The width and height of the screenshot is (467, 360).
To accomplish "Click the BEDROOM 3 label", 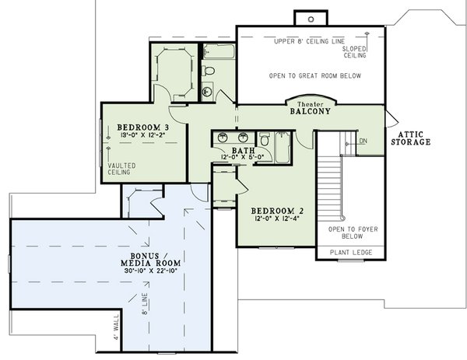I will pos(143,126).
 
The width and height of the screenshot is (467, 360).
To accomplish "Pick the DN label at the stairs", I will pos(363,141).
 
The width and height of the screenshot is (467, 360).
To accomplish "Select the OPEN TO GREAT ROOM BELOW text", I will pos(311,76).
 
